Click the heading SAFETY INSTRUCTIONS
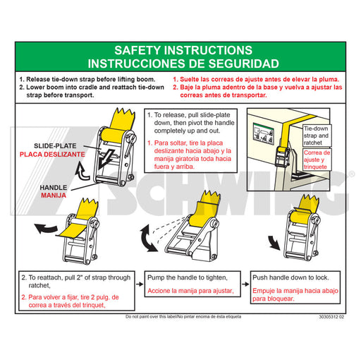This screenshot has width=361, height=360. (183, 50)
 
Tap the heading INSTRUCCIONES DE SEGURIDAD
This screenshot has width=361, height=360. (183, 64)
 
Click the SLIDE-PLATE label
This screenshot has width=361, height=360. (55, 146)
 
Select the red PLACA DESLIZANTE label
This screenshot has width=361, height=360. (52, 155)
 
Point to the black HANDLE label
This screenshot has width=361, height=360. (54, 188)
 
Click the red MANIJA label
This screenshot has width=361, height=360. (54, 196)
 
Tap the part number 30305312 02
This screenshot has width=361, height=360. (331, 317)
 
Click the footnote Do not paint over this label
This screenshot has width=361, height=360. (151, 317)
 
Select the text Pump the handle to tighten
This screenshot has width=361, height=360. (188, 277)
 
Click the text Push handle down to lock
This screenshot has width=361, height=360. (290, 277)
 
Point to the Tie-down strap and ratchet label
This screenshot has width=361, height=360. (316, 136)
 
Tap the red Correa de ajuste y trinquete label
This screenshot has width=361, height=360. (317, 160)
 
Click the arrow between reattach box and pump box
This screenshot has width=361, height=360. (140, 284)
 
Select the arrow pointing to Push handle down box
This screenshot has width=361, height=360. (245, 284)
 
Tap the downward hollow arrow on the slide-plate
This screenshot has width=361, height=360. (106, 159)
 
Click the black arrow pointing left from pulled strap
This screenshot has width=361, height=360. (46, 229)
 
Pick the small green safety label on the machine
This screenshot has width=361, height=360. (264, 134)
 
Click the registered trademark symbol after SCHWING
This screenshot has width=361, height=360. (351, 174)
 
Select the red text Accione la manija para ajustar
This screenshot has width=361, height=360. (190, 291)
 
